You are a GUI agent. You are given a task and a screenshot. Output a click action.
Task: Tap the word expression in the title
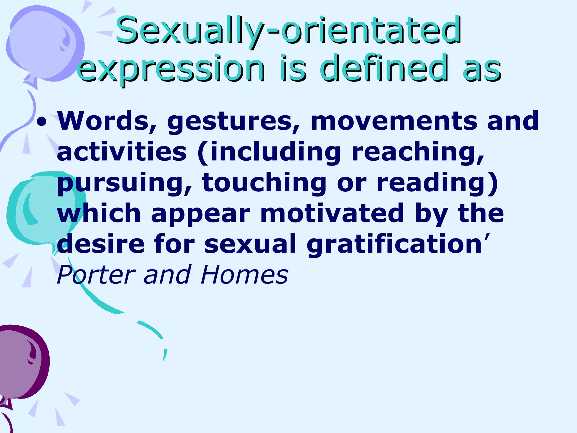(x=171, y=68)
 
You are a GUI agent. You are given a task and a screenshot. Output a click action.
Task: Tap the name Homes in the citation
(x=245, y=275)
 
